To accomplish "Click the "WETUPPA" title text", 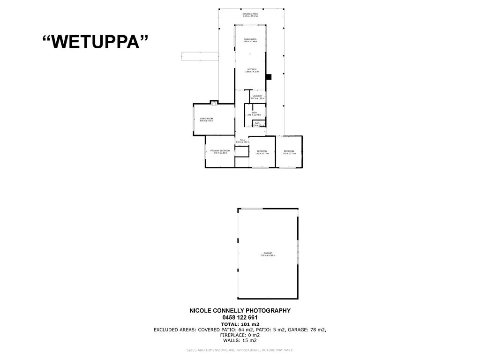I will [x=96, y=42].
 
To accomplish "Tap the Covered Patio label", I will [x=250, y=14].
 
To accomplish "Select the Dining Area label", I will [x=250, y=39].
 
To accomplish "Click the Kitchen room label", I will [x=252, y=69].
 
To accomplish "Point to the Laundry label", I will [x=257, y=96].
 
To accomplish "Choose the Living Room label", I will [x=206, y=119].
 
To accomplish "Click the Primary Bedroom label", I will [x=220, y=150].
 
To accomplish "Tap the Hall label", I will [x=242, y=140].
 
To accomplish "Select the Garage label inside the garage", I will [x=268, y=253].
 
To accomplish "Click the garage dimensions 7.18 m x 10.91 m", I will [x=268, y=255].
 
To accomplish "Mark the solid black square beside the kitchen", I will [x=269, y=77].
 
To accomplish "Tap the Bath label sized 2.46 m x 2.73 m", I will [x=254, y=112].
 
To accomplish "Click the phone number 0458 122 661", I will [x=240, y=317].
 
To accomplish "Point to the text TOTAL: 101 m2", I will [x=240, y=324].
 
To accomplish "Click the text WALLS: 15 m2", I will [x=240, y=341].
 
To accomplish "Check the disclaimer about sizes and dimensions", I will [x=240, y=350].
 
